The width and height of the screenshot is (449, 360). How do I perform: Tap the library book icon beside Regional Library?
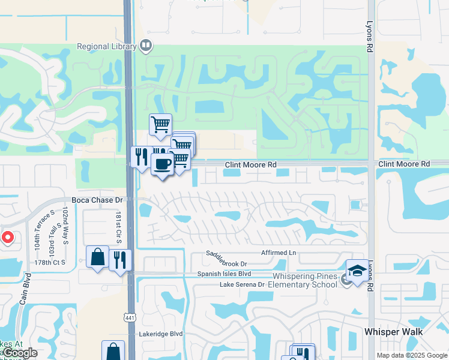[x=146, y=45]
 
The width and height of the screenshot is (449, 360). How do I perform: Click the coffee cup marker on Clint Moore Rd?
[x=162, y=163]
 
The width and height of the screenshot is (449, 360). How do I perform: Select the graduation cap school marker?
[x=357, y=271]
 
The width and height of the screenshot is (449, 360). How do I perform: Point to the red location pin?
[x=7, y=237]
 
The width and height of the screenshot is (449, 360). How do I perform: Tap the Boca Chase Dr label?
[x=97, y=200]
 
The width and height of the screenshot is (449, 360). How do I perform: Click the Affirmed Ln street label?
[x=279, y=253]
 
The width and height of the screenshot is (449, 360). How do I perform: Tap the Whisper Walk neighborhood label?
[x=393, y=332]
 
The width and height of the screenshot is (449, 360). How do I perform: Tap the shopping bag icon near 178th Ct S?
[x=97, y=257]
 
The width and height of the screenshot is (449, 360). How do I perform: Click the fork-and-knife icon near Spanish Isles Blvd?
[x=121, y=260]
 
